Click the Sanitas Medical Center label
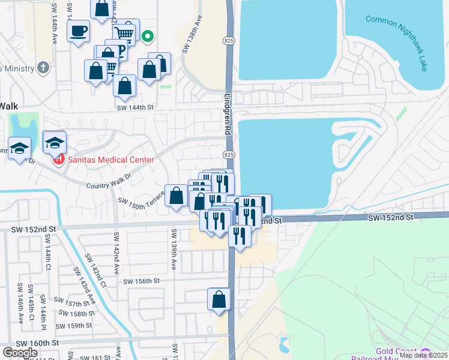(x=110, y=160)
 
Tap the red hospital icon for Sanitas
(x=59, y=160)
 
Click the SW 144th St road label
(x=136, y=107)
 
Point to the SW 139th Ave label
(x=173, y=249)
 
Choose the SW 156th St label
(x=142, y=280)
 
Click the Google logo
(x=20, y=352)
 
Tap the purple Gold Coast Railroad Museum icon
(x=426, y=352)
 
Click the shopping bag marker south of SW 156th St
(x=219, y=299)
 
